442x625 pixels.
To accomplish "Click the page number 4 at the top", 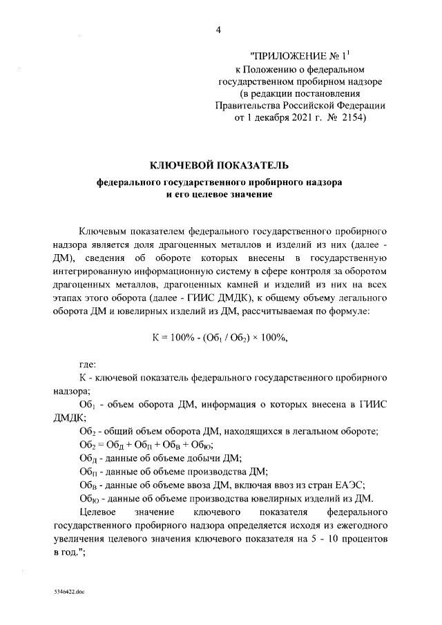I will pyautogui.click(x=220, y=30).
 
